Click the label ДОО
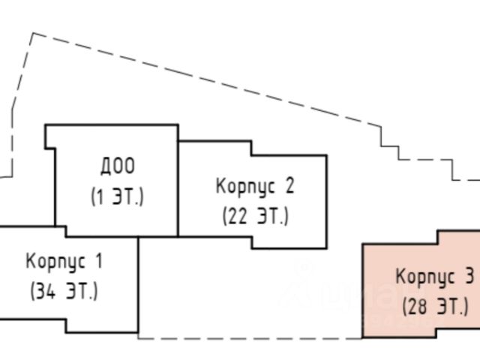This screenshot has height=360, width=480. pyautogui.click(x=118, y=166)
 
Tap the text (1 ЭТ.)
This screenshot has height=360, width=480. pyautogui.click(x=117, y=198)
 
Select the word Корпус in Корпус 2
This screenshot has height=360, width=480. pyautogui.click(x=241, y=184)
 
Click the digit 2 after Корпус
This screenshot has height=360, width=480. pyautogui.click(x=290, y=184)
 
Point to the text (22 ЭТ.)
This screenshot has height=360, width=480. pyautogui.click(x=255, y=217)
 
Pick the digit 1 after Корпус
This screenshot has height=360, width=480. pyautogui.click(x=98, y=262)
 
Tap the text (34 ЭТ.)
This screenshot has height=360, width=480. pyautogui.click(x=64, y=292)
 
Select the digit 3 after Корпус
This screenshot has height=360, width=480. pyautogui.click(x=469, y=277)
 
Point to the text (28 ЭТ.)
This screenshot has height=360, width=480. pyautogui.click(x=435, y=307)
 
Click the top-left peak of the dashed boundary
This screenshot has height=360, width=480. pyautogui.click(x=32, y=34)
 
